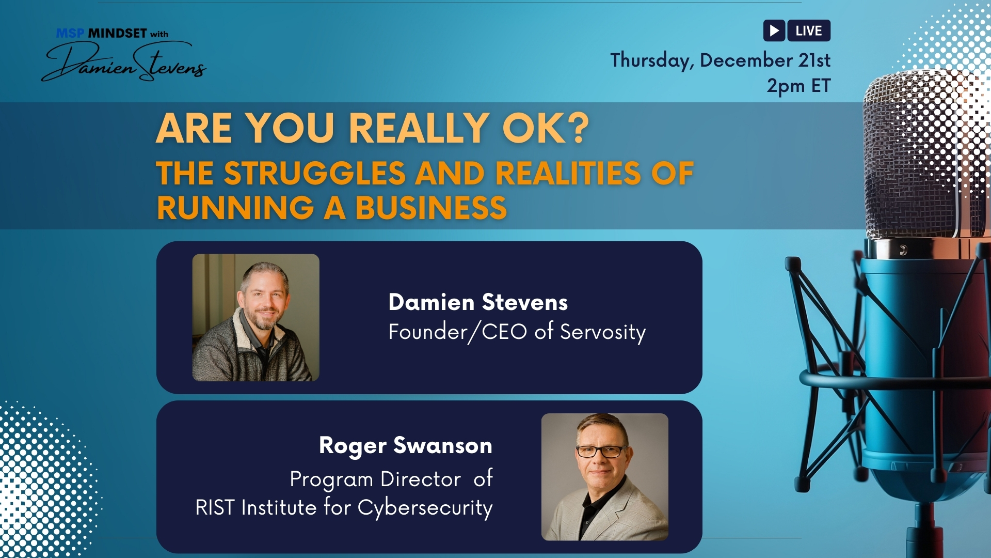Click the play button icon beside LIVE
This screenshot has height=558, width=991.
(774, 30)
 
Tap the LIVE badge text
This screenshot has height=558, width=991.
(809, 30)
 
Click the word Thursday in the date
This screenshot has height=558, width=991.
(652, 61)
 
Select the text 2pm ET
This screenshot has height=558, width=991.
(798, 86)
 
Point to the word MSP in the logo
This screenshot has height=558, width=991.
(70, 34)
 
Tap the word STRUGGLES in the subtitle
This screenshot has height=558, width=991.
(315, 173)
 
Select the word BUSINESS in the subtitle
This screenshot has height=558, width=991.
(431, 208)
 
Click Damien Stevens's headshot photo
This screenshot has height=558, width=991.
(255, 317)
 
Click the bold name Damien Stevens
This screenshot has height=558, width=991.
(478, 302)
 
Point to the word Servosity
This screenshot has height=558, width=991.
(603, 332)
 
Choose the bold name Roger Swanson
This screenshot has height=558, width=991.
(406, 445)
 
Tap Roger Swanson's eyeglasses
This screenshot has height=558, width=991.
(601, 451)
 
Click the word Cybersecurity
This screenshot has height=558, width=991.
(425, 507)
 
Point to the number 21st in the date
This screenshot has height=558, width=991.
(814, 60)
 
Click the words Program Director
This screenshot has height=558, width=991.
(375, 479)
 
